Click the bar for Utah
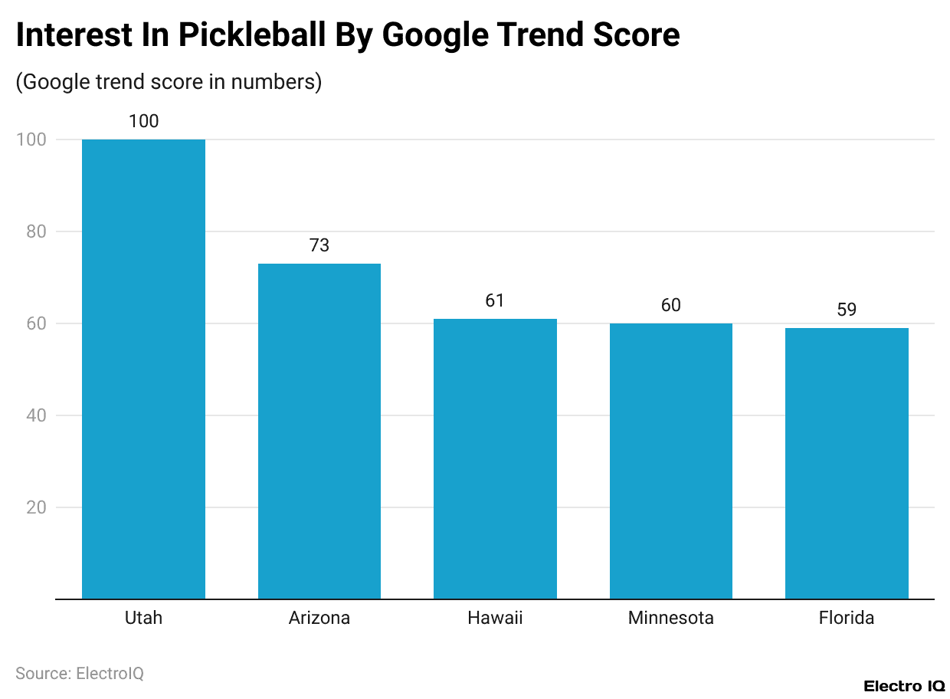tap(143, 369)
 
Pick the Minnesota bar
tap(670, 461)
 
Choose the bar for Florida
tap(847, 463)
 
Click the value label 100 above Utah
tap(143, 121)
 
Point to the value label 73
tap(319, 245)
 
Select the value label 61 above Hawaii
tap(495, 300)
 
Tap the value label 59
tap(847, 310)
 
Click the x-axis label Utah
tap(143, 618)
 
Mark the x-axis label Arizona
tap(319, 618)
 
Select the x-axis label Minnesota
tap(670, 618)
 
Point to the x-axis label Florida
tap(847, 618)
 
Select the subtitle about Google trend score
tap(169, 82)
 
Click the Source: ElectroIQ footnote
tap(80, 673)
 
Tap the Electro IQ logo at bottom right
tap(904, 685)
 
